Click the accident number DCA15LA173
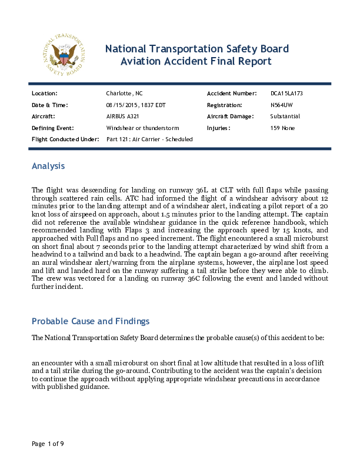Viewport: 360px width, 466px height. pos(286,94)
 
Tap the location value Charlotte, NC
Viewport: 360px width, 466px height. pos(124,94)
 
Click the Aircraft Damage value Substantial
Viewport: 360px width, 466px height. pos(285,116)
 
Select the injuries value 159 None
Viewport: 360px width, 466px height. pos(282,128)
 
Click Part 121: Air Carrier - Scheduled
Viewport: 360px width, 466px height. pos(149,139)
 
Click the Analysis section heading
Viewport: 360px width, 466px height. pos(48,167)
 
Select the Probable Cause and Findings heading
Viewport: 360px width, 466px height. pos(91,321)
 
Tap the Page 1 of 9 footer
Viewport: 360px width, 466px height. pos(48,444)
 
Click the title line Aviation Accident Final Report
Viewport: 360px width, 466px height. pos(196,61)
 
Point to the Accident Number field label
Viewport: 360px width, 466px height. pos(232,94)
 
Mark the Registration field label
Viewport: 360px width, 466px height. pos(225,105)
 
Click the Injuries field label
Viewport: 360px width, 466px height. pos(218,128)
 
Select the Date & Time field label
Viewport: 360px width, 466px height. pos(50,105)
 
